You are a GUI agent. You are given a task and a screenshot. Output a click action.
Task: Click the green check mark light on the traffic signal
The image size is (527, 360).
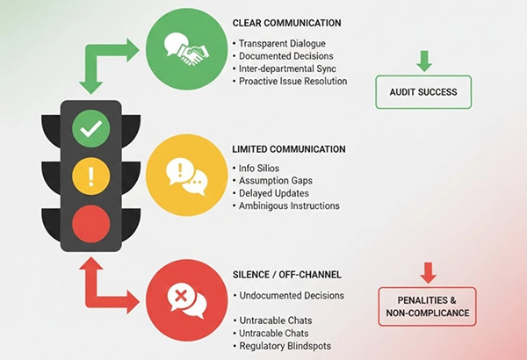pos(90,132)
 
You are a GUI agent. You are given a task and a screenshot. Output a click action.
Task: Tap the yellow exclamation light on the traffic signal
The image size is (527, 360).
pos(90,175)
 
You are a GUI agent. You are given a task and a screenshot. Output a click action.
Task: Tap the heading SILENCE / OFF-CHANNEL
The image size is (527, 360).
pos(286,275)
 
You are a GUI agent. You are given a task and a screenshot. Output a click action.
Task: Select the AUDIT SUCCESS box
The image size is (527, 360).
pos(423,91)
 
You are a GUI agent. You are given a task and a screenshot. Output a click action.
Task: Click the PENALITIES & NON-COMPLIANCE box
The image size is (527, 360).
pos(427,306)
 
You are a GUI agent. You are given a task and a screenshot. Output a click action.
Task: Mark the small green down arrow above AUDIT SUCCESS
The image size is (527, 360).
pos(424,61)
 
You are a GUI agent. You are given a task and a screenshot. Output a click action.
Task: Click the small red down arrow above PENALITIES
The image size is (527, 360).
pos(428,272)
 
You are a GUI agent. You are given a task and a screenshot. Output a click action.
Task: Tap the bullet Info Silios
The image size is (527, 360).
pos(261,168)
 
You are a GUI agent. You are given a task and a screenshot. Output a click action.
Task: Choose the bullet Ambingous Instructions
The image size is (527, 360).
pos(290,205)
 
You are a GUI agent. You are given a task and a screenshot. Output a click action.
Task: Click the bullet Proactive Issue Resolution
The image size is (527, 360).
pos(293,81)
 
